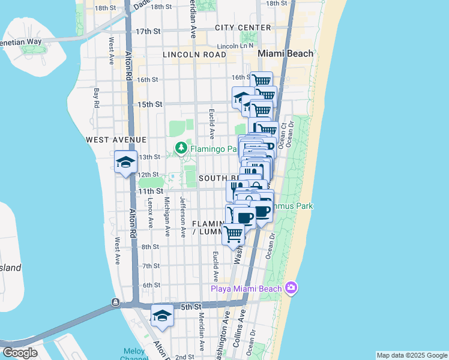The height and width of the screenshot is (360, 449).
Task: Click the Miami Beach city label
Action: click(x=286, y=53)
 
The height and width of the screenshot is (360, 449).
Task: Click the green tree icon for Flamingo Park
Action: click(x=180, y=148)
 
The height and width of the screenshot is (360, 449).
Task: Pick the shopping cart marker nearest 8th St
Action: click(x=234, y=233)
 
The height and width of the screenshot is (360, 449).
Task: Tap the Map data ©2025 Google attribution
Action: click(x=412, y=355)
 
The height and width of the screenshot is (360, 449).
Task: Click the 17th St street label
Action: click(x=148, y=31)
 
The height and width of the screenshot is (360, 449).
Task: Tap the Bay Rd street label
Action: click(x=97, y=99)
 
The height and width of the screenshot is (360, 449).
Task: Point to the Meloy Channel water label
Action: click(x=134, y=354)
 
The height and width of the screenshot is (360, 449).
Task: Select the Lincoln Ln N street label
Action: click(x=236, y=46)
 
